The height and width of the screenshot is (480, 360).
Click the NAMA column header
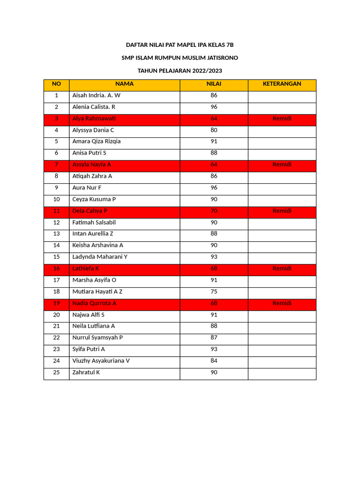124,84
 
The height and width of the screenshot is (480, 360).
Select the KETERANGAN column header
282,84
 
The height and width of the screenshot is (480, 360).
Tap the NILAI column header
214,84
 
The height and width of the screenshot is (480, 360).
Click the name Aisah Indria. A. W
96,95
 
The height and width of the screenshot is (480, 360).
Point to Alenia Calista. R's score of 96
214,107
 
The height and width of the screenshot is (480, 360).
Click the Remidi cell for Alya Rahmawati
282,119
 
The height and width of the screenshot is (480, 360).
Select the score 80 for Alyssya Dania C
214,130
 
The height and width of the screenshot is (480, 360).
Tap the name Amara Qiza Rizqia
96,142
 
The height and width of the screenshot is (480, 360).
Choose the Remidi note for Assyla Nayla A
282,165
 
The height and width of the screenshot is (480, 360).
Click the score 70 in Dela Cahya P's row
214,211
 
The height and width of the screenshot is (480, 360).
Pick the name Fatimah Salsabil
94,222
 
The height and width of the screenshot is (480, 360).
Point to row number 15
56,257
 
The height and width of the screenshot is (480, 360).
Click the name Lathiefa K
85,269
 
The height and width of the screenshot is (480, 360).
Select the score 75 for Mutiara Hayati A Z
214,292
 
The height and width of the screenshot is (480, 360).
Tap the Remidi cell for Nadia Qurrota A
282,303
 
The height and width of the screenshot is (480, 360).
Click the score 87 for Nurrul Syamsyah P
214,337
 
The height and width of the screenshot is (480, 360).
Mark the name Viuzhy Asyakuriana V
101,361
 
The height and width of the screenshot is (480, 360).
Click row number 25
56,373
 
